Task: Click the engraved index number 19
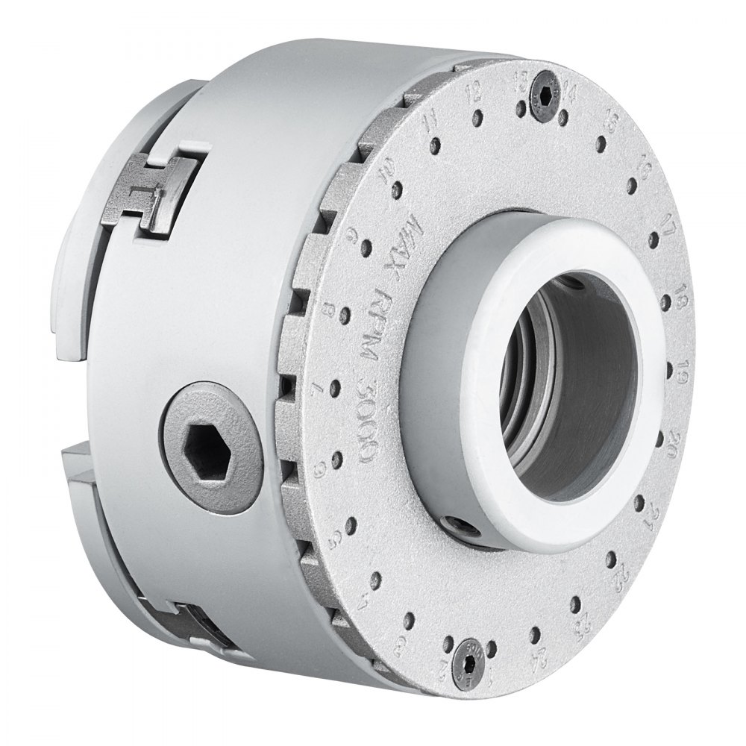[680, 370]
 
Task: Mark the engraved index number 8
[326, 308]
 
